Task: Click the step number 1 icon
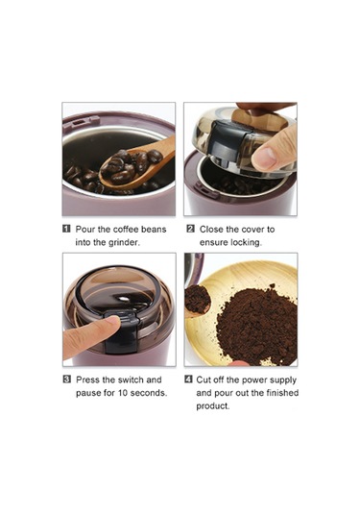pos(66,229)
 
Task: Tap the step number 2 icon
pos(190,229)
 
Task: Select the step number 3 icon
pos(66,379)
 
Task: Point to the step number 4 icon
pos(188,379)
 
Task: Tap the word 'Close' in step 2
pos(210,229)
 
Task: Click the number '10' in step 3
pos(123,393)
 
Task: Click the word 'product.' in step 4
pos(213,405)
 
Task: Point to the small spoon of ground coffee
pos(197,301)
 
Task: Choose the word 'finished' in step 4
pos(281,393)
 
